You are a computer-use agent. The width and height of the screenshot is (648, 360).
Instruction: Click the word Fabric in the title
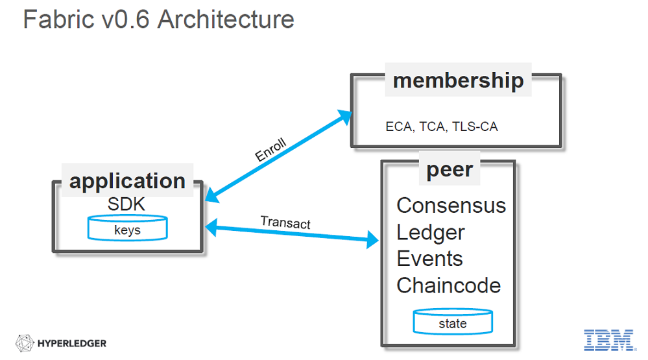pos(58,19)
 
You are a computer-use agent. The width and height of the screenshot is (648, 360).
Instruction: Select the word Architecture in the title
pos(226,19)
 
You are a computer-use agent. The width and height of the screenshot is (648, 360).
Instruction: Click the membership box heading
pos(459,80)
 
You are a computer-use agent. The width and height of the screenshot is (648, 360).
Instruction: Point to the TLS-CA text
pos(475,126)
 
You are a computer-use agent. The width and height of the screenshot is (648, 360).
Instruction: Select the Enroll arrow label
pos(270,149)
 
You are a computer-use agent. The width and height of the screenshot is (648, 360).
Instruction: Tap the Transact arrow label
pos(285,222)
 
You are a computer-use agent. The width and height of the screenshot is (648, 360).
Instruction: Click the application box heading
pos(127,181)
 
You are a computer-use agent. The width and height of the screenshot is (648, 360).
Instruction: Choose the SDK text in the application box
pos(126,204)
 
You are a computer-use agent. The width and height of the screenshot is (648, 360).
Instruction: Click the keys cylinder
pos(128,228)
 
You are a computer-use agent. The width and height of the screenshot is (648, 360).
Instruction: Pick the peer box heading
pos(450,170)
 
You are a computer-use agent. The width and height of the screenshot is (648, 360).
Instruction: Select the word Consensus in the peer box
pos(451,206)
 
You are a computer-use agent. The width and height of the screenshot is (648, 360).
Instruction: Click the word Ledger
pos(431,232)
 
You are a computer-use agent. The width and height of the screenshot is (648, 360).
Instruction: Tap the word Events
pos(430,259)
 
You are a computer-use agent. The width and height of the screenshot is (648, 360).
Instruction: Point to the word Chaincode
pos(449,285)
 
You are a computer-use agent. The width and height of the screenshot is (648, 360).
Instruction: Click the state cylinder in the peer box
pos(453,321)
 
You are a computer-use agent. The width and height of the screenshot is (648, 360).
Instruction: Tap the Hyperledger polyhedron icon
pos(25,343)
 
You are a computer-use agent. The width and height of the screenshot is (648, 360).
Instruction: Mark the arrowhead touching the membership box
pos(345,117)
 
